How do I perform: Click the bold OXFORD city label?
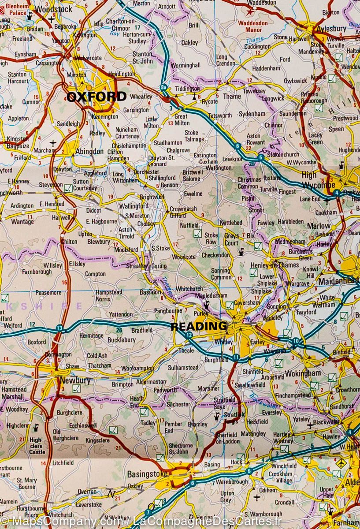(x=96, y=97)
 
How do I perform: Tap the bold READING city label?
(x=198, y=327)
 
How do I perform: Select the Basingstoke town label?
(x=147, y=474)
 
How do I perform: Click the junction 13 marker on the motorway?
(x=59, y=328)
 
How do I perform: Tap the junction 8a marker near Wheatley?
(x=164, y=87)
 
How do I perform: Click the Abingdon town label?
(x=89, y=152)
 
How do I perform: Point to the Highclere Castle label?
(x=37, y=446)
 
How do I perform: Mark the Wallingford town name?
(x=134, y=206)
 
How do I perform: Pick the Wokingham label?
(x=303, y=373)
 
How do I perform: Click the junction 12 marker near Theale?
(x=189, y=336)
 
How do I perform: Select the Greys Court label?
(x=231, y=239)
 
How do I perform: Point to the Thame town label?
(x=232, y=96)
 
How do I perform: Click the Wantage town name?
(x=22, y=222)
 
